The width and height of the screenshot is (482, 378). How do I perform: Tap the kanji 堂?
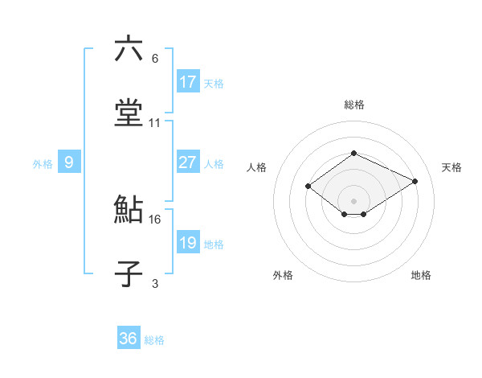pyautogui.click(x=129, y=113)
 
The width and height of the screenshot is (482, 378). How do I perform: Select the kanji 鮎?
pyautogui.click(x=129, y=210)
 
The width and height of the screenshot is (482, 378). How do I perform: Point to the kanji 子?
pyautogui.click(x=129, y=273)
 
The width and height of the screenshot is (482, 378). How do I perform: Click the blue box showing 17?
pyautogui.click(x=188, y=82)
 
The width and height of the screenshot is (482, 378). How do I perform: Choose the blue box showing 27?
pyautogui.click(x=188, y=162)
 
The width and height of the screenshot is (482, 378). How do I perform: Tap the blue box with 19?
pyautogui.click(x=188, y=243)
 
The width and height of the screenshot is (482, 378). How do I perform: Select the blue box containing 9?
pyautogui.click(x=69, y=163)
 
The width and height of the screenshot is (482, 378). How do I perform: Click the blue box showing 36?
pyautogui.click(x=129, y=339)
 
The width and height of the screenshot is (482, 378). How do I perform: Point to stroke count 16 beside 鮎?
pyautogui.click(x=155, y=219)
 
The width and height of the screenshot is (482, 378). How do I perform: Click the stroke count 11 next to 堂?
pyautogui.click(x=155, y=123)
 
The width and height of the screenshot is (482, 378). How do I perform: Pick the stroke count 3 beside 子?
pyautogui.click(x=155, y=283)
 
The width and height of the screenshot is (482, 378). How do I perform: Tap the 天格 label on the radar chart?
pyautogui.click(x=451, y=167)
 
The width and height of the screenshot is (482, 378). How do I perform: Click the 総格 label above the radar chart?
pyautogui.click(x=353, y=105)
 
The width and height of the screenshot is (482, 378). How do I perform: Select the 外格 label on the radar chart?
pyautogui.click(x=283, y=275)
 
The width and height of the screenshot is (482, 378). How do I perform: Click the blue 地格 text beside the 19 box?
pyautogui.click(x=214, y=244)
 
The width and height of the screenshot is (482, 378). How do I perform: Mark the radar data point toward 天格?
pyautogui.click(x=415, y=182)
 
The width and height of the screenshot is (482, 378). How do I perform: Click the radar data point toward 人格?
pyautogui.click(x=308, y=187)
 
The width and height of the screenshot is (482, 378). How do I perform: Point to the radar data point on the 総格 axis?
pyautogui.click(x=353, y=153)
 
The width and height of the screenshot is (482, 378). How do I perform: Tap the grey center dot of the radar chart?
pyautogui.click(x=353, y=200)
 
